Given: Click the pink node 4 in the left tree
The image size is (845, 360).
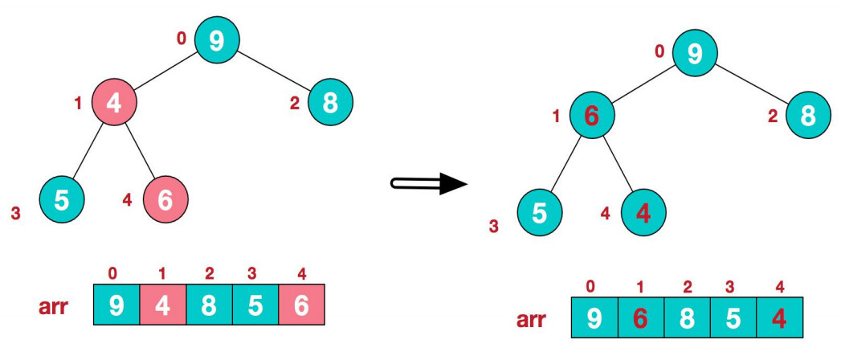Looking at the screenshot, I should coord(113,103).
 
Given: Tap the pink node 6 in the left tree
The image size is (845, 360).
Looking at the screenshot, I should coord(165,198).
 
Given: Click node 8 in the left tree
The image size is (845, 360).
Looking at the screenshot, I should coord(329,102).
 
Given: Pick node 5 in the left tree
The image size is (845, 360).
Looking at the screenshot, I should coord(62,198).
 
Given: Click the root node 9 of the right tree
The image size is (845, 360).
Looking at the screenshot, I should coord(696,53).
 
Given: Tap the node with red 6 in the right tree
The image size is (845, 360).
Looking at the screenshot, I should coord(592,116).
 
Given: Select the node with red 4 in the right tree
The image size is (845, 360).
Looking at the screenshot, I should coord(643,212).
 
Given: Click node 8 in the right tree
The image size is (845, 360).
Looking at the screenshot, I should coord(809,115).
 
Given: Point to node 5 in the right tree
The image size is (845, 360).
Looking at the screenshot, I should coord(540,212).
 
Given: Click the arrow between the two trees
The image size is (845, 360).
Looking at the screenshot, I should coord(429,183).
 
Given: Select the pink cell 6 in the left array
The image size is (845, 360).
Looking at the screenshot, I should coord(301,306).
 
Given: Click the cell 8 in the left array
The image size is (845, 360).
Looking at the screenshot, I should coord(209,306).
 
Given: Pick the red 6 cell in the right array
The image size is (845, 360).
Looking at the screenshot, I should coord(640,319).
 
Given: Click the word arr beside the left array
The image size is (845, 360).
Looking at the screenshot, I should coord(55,308).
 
